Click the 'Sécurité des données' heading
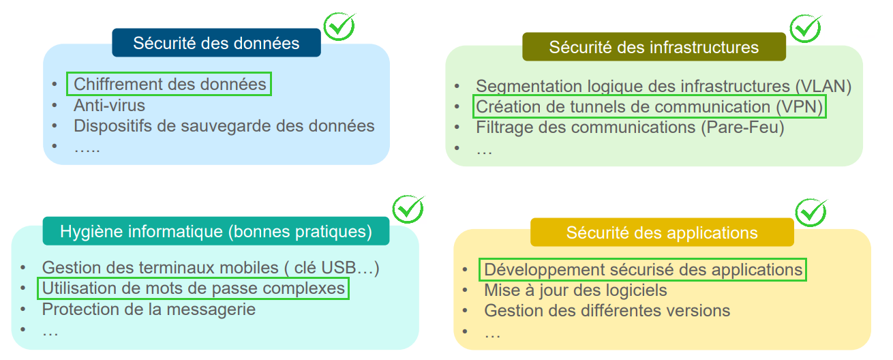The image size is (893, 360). (x=216, y=43)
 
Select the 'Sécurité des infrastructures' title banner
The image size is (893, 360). (x=654, y=47)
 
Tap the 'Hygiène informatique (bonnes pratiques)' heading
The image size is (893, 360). (x=216, y=231)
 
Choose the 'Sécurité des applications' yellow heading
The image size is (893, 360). (x=662, y=232)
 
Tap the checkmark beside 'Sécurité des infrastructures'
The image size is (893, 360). (x=805, y=28)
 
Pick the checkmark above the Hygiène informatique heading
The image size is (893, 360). (x=408, y=209)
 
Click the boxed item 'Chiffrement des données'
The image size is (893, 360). (x=169, y=85)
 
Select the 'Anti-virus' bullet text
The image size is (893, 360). (x=109, y=106)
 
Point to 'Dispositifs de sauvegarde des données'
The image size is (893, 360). (x=224, y=126)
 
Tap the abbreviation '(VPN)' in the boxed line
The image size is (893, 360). (x=800, y=107)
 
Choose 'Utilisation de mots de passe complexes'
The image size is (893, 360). (x=194, y=288)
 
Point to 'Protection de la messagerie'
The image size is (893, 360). (x=149, y=309)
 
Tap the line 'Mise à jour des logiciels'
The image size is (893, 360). (x=575, y=290)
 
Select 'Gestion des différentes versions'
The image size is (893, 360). (x=607, y=311)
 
